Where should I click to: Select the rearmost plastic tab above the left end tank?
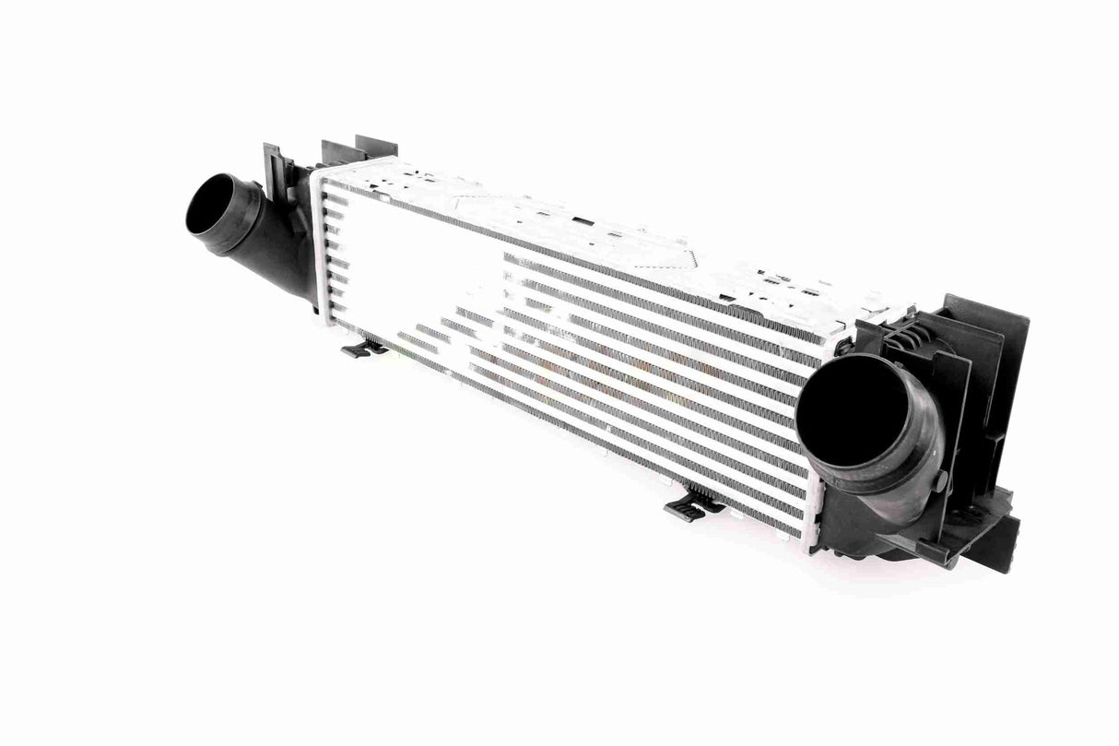coord(376,147)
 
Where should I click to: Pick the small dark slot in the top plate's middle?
coord(582,221)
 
